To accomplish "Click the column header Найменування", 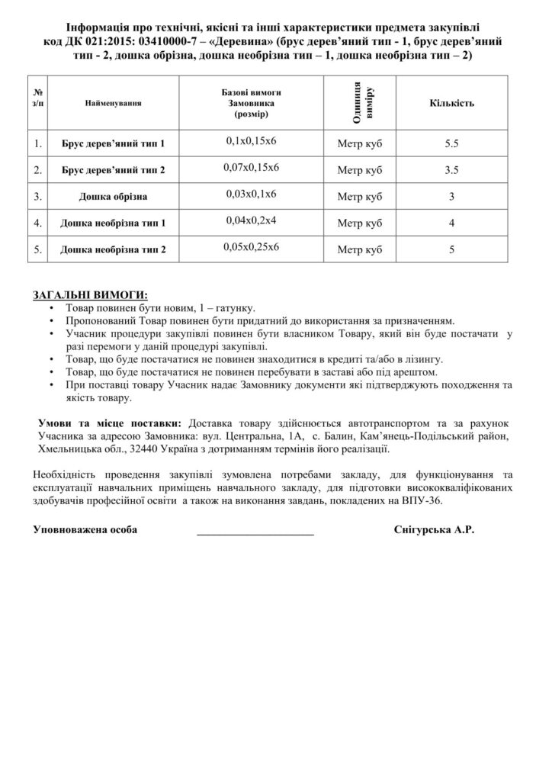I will [113, 102].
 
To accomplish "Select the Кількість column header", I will [451, 102].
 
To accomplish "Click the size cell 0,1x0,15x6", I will [252, 140].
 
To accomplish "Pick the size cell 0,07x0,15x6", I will [252, 167].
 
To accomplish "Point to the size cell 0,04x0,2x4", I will [252, 221].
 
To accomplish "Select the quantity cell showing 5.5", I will [451, 143].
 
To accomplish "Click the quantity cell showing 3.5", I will [451, 169].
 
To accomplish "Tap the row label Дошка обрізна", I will [113, 196].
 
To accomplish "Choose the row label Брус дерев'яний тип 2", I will [113, 169].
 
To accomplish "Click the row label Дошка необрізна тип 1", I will [113, 223].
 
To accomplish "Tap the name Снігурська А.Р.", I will [435, 529].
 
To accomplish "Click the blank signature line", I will [255, 532].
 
